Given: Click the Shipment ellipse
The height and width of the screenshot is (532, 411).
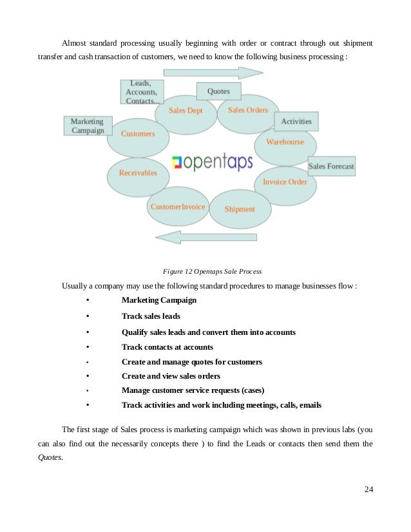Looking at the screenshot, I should pyautogui.click(x=239, y=209).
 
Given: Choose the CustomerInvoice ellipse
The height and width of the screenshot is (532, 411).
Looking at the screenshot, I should pyautogui.click(x=177, y=207).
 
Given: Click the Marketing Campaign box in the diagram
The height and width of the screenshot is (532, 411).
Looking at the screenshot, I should pyautogui.click(x=88, y=126).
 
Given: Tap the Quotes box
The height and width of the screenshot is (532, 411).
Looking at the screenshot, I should pyautogui.click(x=218, y=91).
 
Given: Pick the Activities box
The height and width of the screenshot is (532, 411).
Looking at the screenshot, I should pyautogui.click(x=296, y=121).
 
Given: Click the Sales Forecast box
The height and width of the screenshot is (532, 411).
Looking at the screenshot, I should pyautogui.click(x=331, y=166).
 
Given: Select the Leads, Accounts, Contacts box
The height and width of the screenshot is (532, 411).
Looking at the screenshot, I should pyautogui.click(x=142, y=92).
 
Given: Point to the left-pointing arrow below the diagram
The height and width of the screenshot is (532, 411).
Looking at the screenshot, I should pyautogui.click(x=206, y=237).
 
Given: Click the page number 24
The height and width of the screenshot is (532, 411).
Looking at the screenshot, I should pyautogui.click(x=368, y=490).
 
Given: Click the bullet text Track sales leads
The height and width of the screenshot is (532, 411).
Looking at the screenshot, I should pyautogui.click(x=151, y=316).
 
